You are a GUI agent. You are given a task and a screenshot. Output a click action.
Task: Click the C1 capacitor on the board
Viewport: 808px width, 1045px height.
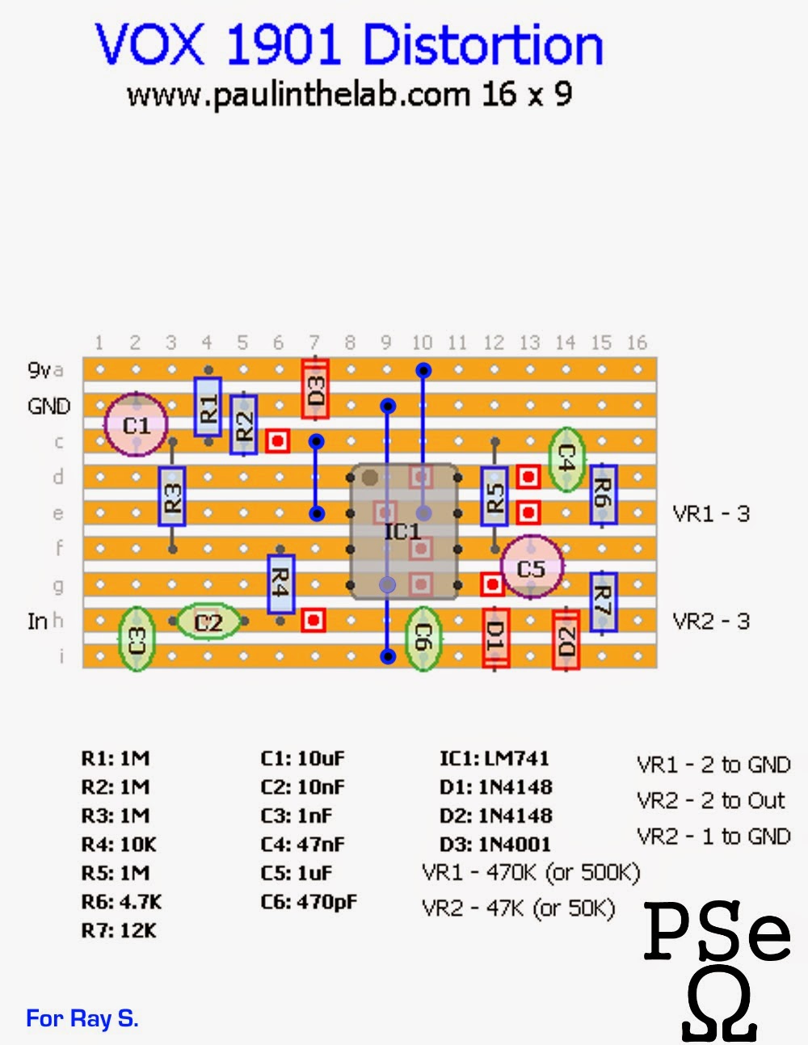[x=136, y=424]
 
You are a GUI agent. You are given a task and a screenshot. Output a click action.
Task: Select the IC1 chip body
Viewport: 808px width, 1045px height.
[x=404, y=532]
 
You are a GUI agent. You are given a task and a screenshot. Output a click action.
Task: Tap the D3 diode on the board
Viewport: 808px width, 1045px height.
[x=315, y=389]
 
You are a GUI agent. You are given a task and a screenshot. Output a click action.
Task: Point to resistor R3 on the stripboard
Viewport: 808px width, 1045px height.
[x=172, y=496]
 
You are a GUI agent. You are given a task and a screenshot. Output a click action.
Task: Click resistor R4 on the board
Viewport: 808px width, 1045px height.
[x=280, y=584]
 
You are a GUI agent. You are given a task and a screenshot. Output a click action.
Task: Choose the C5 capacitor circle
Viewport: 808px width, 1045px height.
[x=531, y=567]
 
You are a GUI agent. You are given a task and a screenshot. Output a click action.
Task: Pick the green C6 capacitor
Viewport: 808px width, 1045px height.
[x=423, y=638]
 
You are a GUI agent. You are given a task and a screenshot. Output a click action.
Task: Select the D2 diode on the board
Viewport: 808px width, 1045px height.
[x=566, y=639]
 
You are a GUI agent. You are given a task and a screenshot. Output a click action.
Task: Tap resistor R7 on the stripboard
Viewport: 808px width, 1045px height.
[x=603, y=602]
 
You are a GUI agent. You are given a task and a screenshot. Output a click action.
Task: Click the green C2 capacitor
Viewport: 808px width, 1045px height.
[x=208, y=622]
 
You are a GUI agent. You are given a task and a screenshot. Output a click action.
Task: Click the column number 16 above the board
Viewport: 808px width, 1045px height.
[x=638, y=343]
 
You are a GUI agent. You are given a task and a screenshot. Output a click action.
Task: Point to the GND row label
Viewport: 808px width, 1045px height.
[x=49, y=407]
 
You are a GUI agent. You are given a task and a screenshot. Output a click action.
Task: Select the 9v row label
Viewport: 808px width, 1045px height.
[x=40, y=370]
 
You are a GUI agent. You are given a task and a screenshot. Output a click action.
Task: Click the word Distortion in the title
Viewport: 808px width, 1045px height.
[x=483, y=44]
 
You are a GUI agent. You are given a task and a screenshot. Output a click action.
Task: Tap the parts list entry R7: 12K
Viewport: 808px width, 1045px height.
[x=119, y=930]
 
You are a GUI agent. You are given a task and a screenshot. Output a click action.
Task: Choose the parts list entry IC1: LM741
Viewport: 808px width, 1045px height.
[x=494, y=758]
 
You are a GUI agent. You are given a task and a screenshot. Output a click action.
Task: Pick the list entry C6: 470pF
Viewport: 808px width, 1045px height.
[x=309, y=902]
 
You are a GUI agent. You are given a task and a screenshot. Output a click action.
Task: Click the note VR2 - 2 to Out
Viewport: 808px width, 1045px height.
[x=711, y=800]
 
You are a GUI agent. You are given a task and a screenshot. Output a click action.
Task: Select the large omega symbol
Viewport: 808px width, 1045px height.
[x=719, y=1004]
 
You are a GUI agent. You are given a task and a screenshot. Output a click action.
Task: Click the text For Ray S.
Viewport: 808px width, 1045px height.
[x=82, y=1018]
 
